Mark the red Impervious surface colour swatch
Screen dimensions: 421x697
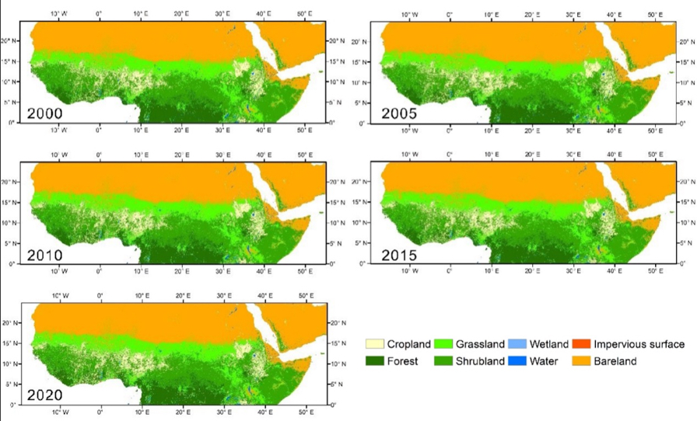583,344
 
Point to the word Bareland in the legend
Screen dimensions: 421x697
616,360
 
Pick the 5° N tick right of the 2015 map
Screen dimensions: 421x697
682,243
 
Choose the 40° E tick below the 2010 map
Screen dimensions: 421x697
263,273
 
